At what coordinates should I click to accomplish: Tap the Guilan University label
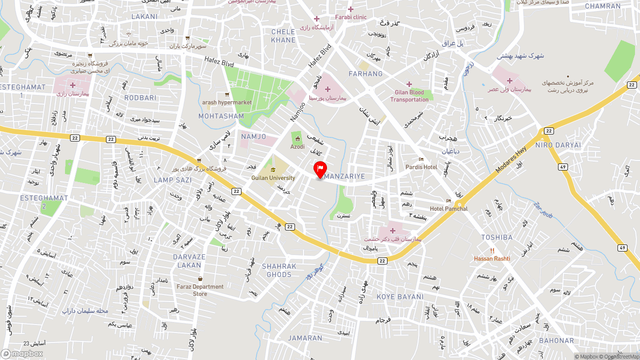click(x=273, y=178)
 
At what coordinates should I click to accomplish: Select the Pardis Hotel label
click(x=421, y=167)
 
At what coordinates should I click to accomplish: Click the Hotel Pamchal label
click(x=448, y=208)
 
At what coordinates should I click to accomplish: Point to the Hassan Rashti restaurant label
click(x=492, y=258)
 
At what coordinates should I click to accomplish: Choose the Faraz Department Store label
click(x=200, y=290)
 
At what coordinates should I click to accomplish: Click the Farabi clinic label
click(x=351, y=17)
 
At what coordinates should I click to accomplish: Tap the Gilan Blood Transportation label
click(x=409, y=95)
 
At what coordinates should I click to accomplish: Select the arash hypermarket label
click(x=226, y=102)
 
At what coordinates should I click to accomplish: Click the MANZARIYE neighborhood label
click(x=344, y=176)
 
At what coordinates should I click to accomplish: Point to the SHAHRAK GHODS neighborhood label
click(x=279, y=270)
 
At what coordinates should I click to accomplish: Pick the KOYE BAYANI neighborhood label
click(x=400, y=296)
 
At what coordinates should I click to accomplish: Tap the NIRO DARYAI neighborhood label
click(x=558, y=145)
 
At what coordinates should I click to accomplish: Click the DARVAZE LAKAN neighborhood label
click(x=189, y=261)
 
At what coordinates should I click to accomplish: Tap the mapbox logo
click(x=22, y=353)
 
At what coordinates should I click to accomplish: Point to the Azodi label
click(x=297, y=146)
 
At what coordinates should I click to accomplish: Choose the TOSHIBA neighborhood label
click(x=496, y=237)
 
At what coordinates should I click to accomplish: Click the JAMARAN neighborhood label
click(x=305, y=338)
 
